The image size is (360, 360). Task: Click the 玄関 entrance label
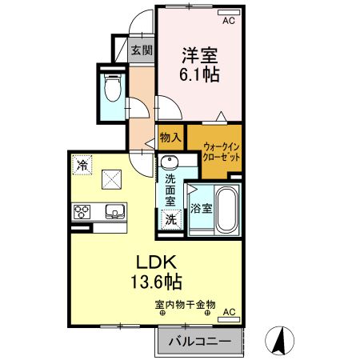coord(142,50)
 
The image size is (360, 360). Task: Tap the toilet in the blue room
coord(112,87)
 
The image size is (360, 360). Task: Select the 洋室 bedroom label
coord(199,57)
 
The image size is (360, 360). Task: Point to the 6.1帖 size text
coord(200,75)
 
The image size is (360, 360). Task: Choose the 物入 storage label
coord(170,138)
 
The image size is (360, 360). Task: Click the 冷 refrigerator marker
coord(83,165)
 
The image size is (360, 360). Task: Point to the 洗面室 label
coord(170,190)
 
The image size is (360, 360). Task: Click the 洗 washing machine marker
coord(170,218)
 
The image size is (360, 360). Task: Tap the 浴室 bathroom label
coord(201,210)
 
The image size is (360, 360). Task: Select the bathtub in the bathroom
coord(226,210)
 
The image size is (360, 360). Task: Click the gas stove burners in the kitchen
coord(83,212)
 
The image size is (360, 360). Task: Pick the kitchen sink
coord(114,212)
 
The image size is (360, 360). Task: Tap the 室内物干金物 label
coord(186,304)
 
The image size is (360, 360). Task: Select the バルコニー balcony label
coord(200,342)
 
